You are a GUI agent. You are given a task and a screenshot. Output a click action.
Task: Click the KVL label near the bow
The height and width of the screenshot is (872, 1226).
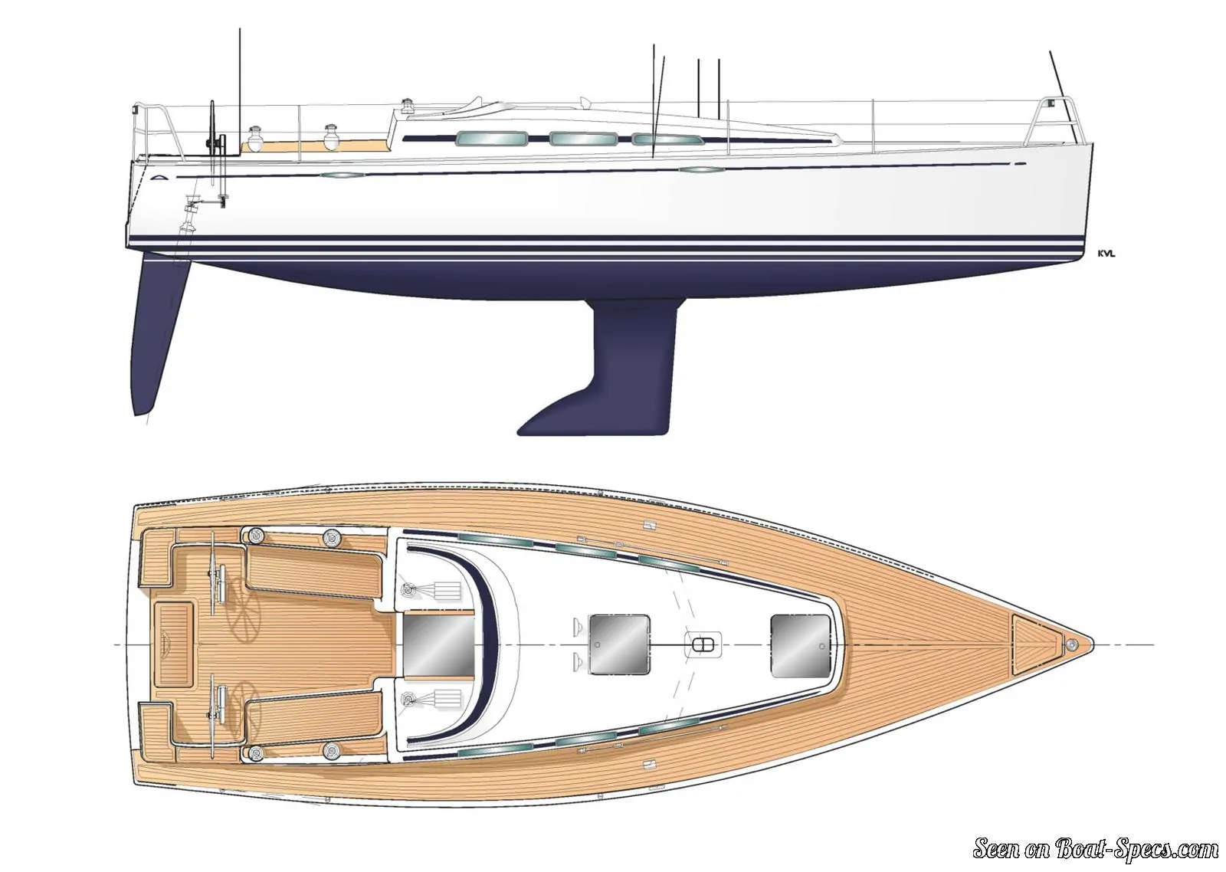pos(1106,254)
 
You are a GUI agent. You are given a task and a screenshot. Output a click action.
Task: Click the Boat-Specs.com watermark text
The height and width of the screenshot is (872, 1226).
pos(1097,849)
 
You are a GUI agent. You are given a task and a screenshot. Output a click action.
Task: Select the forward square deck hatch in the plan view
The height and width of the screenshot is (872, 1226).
pos(800,645)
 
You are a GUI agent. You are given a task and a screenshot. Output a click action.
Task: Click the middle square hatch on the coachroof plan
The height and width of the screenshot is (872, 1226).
pos(619,644)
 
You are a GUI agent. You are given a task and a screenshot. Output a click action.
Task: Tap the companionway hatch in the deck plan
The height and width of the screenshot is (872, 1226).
pos(438,645)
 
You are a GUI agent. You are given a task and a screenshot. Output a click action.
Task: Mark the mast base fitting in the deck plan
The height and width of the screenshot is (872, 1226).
pos(703,645)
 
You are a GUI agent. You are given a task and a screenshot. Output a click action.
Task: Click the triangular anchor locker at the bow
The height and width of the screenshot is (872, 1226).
pos(1035,644)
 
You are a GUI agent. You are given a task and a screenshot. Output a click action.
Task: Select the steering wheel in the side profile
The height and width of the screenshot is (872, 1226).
pos(214,137)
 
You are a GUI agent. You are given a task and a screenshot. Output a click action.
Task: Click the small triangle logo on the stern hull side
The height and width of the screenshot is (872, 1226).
pos(156,177)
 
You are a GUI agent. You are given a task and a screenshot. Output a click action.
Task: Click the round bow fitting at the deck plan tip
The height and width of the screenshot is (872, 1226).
pos(1072,644)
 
